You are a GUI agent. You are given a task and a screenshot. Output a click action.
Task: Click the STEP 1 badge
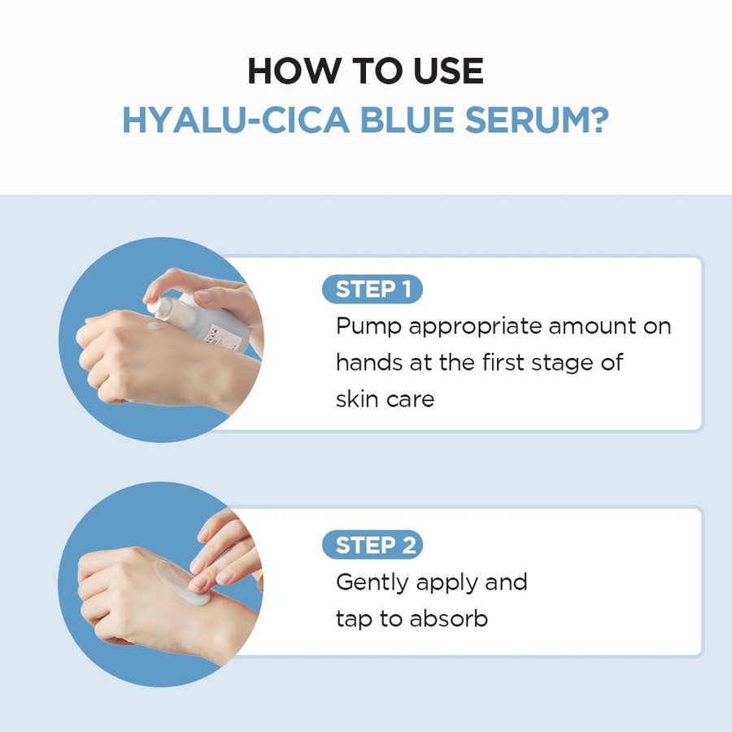(373, 290)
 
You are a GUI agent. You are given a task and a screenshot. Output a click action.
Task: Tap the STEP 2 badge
(373, 545)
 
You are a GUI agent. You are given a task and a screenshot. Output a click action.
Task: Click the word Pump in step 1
(368, 326)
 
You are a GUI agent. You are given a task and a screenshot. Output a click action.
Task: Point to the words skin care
(385, 399)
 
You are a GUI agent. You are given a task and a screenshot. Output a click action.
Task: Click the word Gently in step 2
(372, 583)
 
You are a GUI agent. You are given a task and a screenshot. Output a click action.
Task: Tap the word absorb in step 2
(448, 618)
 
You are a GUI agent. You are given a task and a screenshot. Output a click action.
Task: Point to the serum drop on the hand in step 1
(155, 326)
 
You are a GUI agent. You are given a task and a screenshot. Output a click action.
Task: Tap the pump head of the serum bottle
(159, 305)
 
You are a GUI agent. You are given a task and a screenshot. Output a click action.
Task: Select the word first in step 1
(500, 362)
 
